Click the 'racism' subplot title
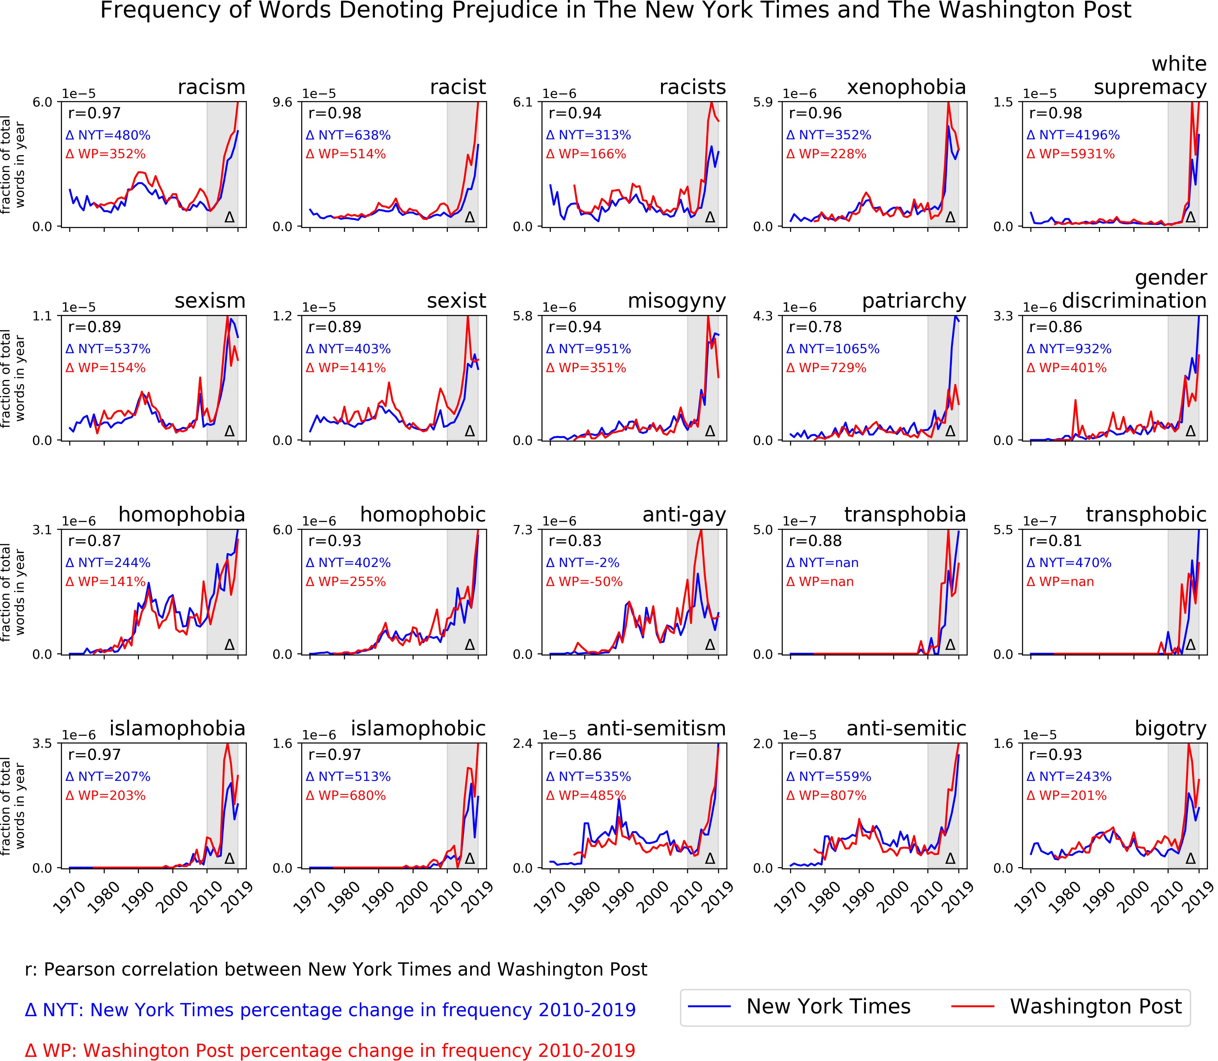[211, 87]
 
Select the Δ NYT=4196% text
[1073, 135]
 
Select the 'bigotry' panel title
[1170, 728]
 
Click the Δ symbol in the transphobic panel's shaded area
[1190, 644]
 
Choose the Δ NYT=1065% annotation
[833, 349]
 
